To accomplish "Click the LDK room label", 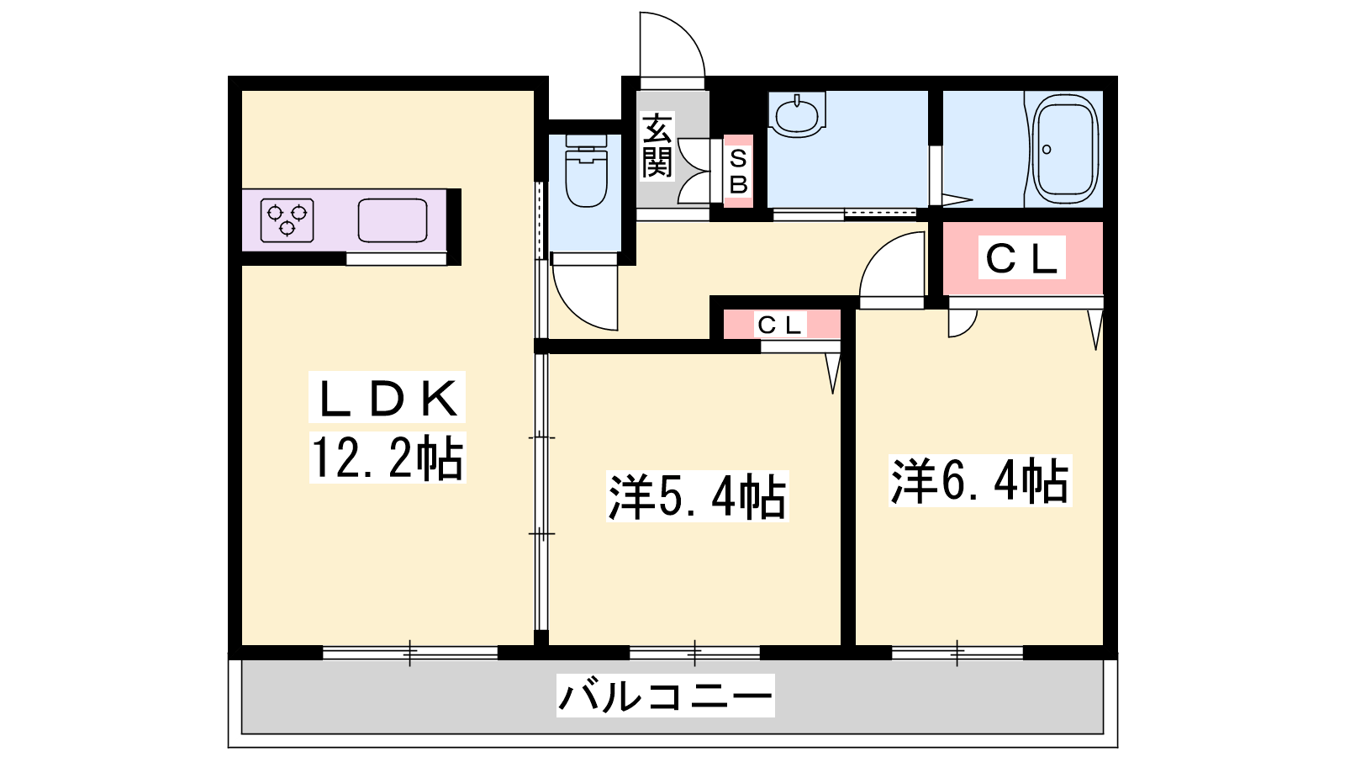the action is pos(388,397).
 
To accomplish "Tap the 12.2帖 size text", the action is pos(388,458).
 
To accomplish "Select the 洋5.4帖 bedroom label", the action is pos(697,496).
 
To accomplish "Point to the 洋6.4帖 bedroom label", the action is pos(980,480).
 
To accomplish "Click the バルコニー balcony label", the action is pos(665,696).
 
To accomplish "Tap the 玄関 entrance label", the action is pos(657,146).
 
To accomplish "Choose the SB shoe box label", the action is pos(738,172).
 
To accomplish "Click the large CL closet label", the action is pos(1021,258).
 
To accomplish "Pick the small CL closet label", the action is pos(780,325).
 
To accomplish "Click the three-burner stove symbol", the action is pos(287,220).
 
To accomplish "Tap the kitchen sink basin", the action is pos(393,220).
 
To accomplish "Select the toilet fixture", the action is pos(586,172).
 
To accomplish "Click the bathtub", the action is pos(1065,148).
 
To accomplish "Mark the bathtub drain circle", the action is pos(1047,150).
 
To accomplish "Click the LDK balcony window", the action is pos(410,653).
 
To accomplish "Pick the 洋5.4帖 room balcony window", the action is pos(694,653).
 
